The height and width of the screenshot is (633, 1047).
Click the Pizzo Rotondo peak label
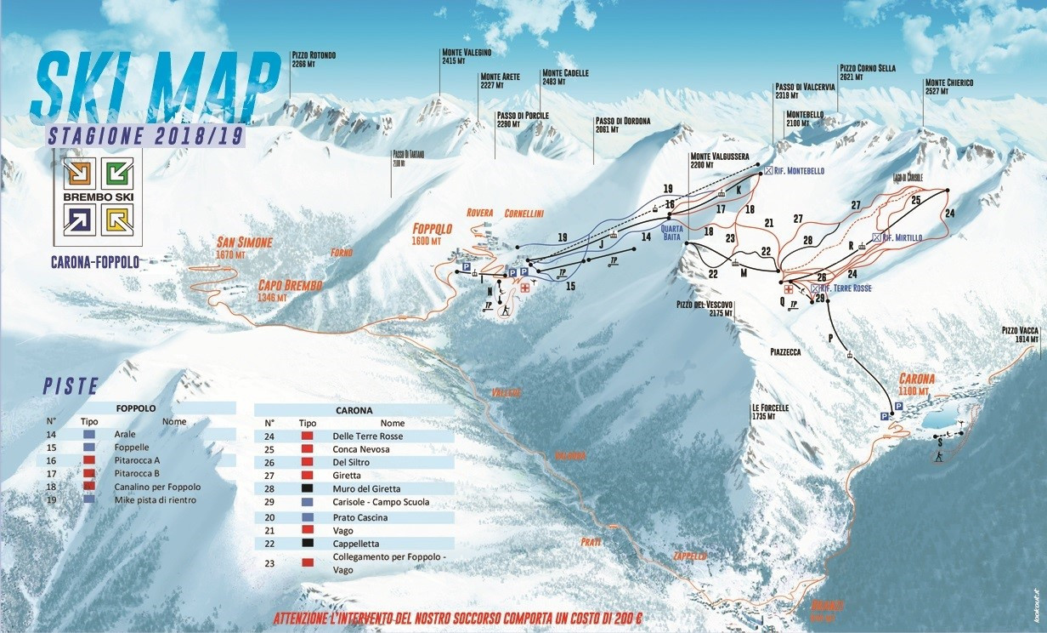314,60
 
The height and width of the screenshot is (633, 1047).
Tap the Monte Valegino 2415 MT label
465,56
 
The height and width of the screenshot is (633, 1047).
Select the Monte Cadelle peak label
565,77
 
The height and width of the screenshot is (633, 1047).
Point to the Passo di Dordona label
623,125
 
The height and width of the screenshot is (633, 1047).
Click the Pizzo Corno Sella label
867,72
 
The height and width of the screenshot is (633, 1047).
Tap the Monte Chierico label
948,87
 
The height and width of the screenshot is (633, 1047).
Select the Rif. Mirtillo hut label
901,237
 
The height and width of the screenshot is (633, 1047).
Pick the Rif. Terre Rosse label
846,288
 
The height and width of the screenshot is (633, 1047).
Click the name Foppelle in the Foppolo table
131,447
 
